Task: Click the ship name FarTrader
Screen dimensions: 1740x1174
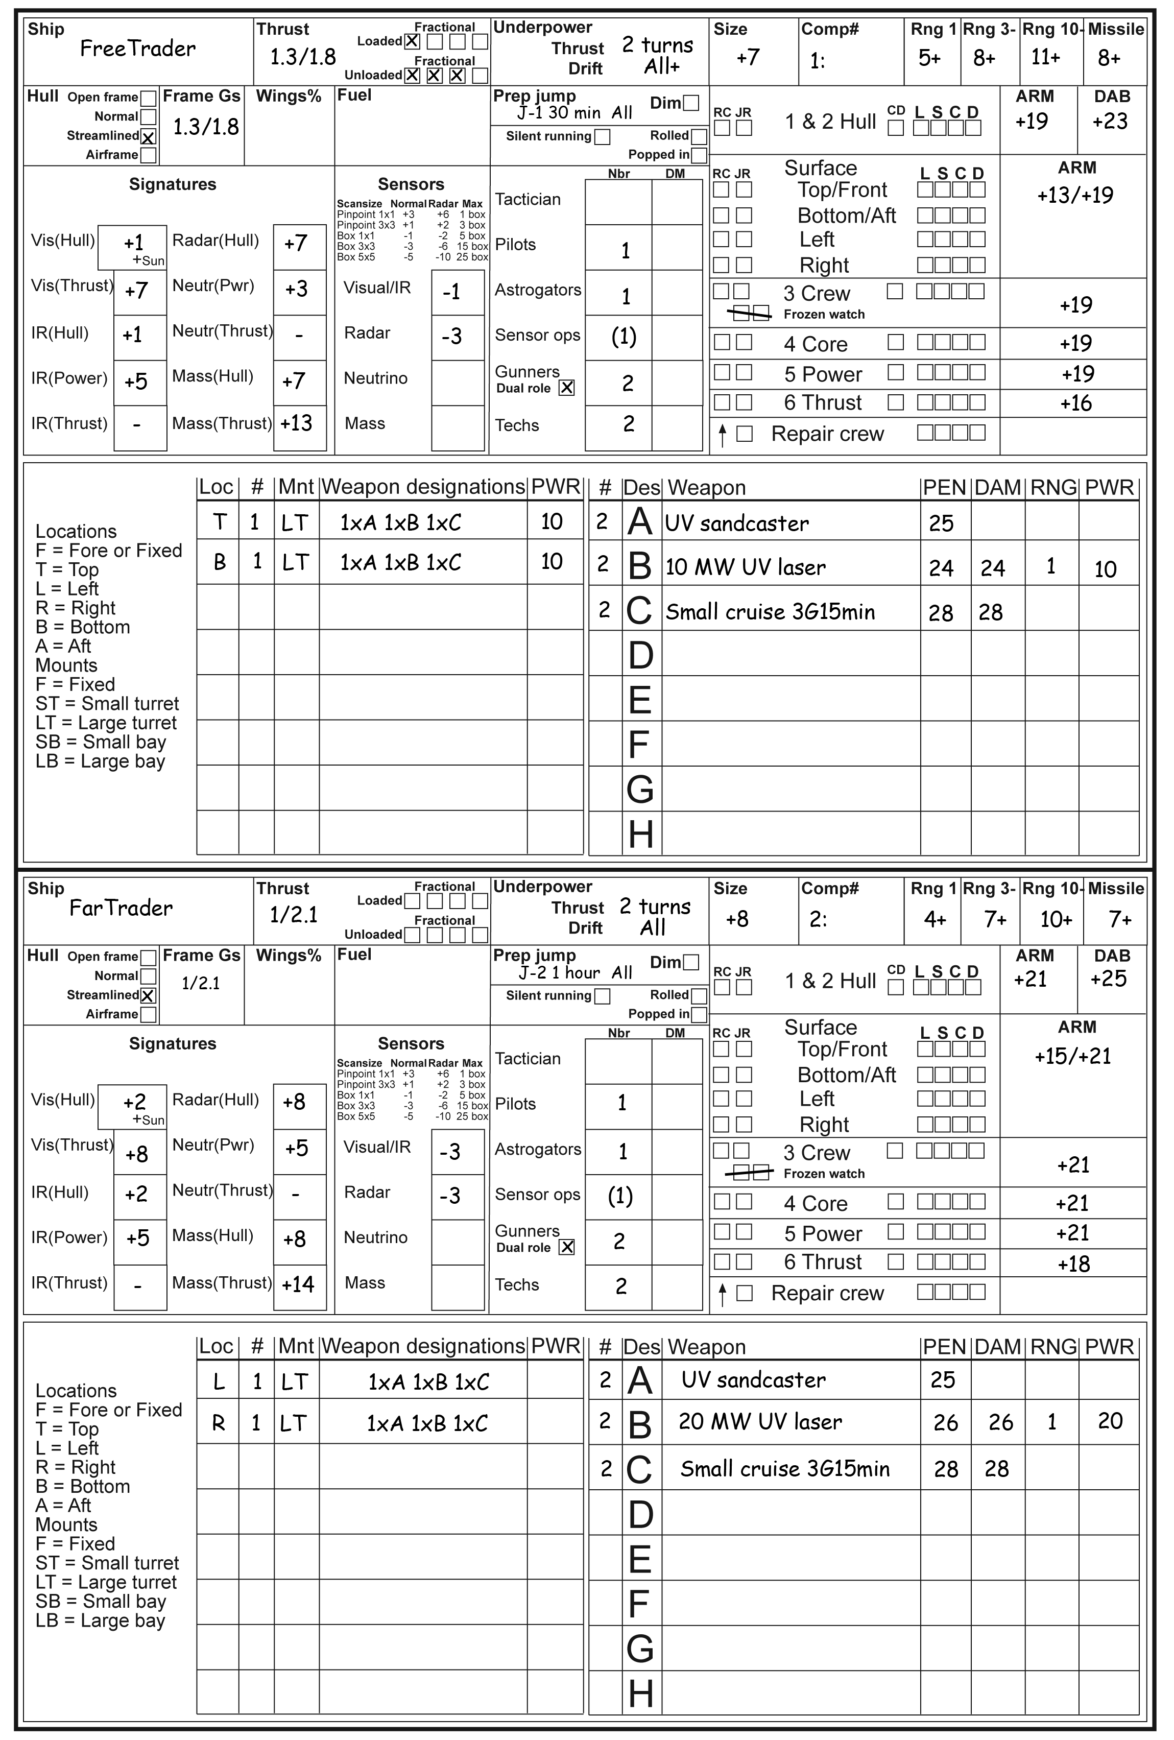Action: [121, 908]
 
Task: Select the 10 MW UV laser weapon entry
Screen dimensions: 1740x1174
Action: [745, 567]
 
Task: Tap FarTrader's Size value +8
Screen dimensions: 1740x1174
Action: [737, 919]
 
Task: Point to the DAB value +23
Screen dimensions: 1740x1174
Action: [1110, 121]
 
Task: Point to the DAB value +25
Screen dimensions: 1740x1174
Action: [1108, 979]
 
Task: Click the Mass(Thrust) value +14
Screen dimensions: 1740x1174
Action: [298, 1284]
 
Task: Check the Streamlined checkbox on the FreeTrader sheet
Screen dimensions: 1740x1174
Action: [148, 137]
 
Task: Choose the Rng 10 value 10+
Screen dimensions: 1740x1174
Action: [1056, 919]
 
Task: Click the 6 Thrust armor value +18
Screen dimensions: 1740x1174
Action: [1074, 1264]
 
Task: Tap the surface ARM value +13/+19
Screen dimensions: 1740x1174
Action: [1074, 196]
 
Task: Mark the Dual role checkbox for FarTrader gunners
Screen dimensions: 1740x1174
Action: [567, 1247]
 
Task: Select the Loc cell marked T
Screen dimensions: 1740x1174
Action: [220, 522]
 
